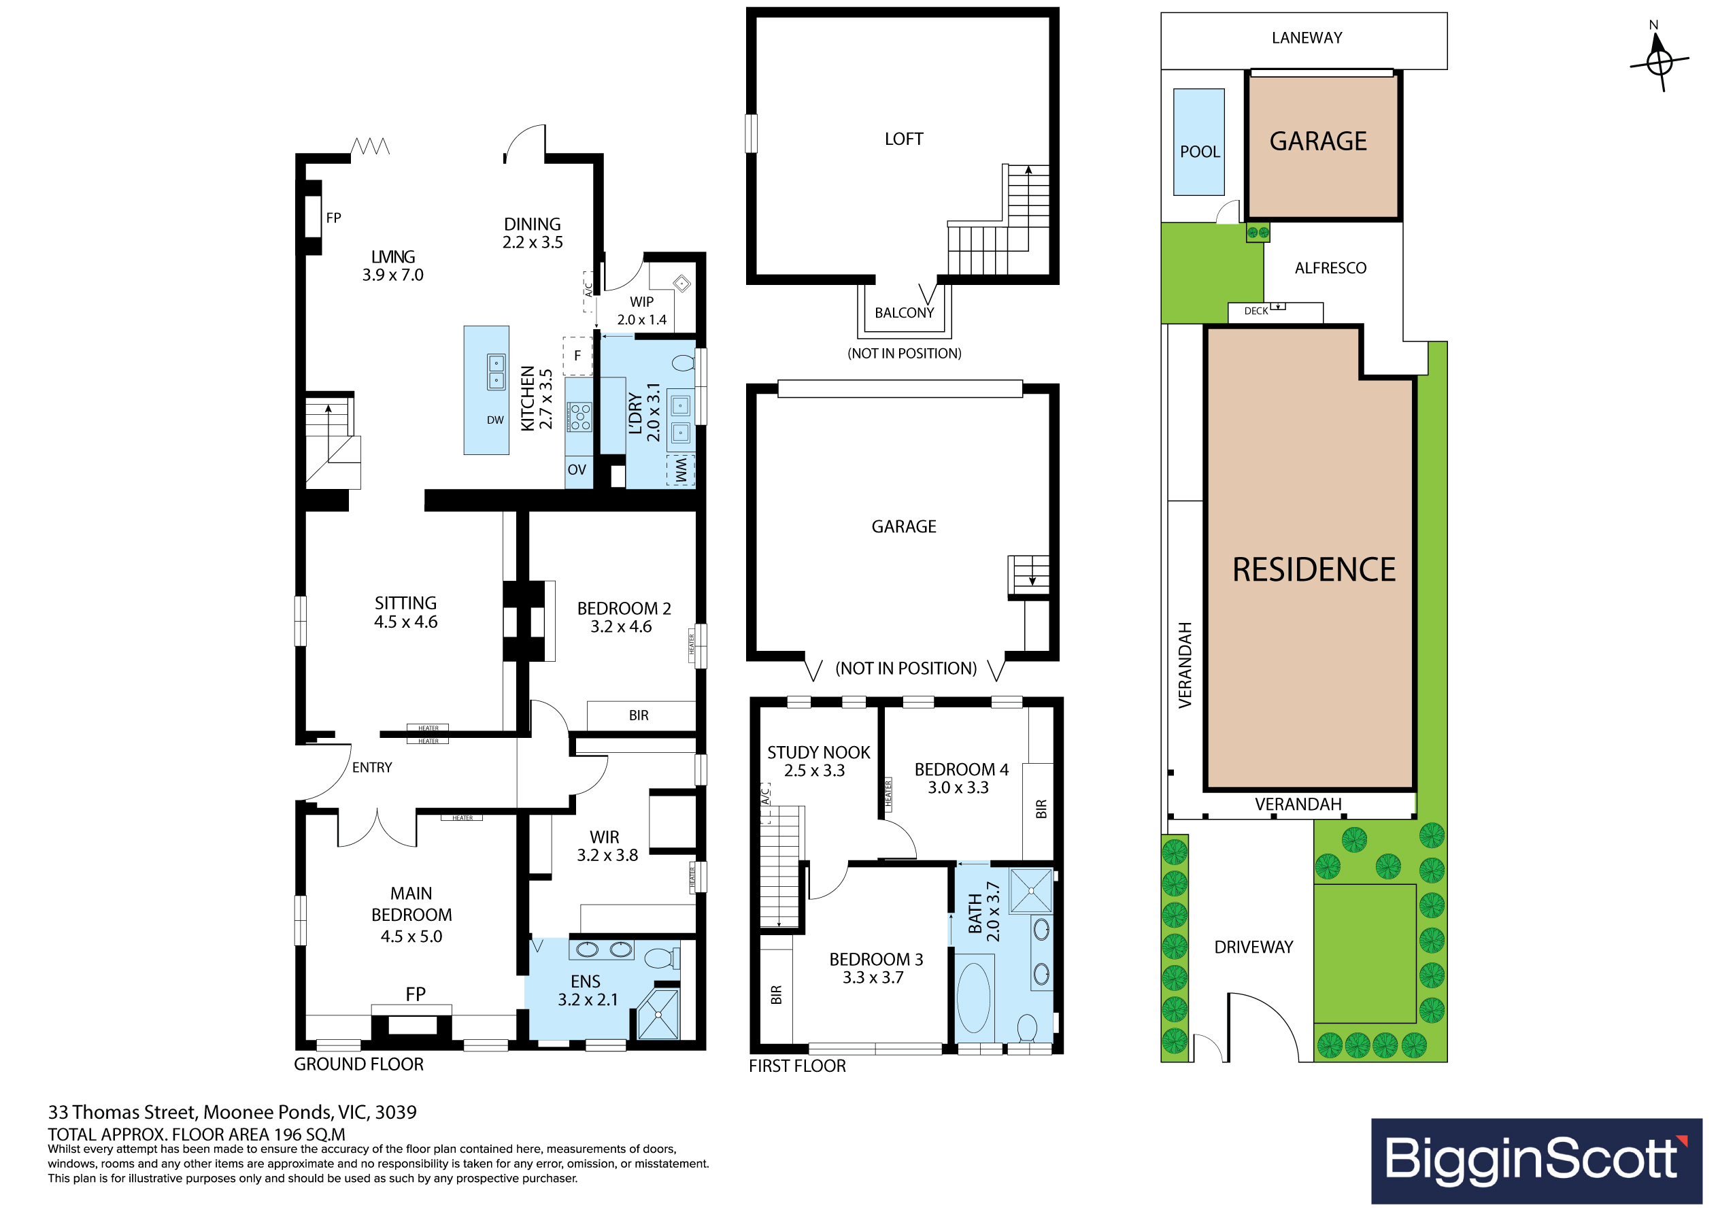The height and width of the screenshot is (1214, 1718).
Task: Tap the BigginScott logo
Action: [x=1536, y=1161]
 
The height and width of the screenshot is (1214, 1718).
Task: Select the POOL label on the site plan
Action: [x=1200, y=152]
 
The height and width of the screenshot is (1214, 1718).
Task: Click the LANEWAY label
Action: [x=1307, y=37]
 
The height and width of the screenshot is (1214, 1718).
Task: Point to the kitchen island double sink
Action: [x=496, y=372]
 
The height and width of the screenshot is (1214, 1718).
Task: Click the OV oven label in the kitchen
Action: [x=576, y=470]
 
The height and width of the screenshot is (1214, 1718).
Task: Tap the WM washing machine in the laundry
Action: [x=680, y=471]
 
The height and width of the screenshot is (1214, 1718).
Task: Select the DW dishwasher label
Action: [x=495, y=420]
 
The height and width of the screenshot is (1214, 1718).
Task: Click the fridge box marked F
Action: [x=577, y=356]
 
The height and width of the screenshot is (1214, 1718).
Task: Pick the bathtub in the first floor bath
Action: [x=973, y=998]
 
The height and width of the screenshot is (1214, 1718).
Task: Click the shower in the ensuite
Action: [x=658, y=1014]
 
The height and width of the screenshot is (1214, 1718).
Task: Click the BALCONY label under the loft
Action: [x=904, y=313]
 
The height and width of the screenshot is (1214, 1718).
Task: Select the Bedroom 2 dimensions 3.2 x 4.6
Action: [x=621, y=626]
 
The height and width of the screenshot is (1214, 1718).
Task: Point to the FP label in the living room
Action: [x=334, y=218]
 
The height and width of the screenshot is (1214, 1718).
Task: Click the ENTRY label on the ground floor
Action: [x=372, y=767]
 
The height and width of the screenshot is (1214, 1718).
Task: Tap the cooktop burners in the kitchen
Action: [x=580, y=417]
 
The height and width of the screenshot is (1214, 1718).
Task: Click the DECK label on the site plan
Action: [x=1256, y=311]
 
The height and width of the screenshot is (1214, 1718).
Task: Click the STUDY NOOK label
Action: [x=819, y=752]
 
